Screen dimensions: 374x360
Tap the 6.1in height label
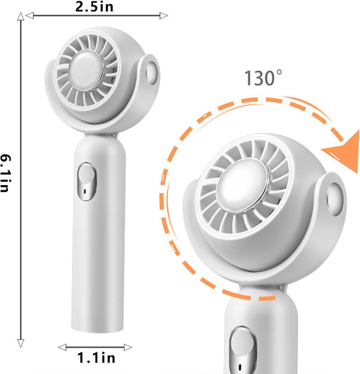coord(7,175)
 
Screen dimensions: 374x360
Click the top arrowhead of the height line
coord(22,18)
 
